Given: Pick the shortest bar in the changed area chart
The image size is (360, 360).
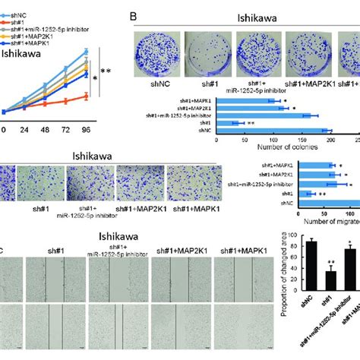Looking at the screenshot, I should (311, 285).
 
